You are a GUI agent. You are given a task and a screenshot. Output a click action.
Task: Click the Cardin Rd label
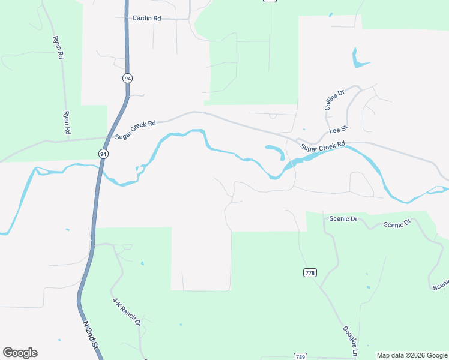[x=146, y=19]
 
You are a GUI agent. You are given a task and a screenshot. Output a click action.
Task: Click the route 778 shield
[x=310, y=273]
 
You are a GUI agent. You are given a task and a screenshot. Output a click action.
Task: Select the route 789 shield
[x=301, y=356]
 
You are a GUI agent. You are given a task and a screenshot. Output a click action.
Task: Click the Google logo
[x=20, y=353]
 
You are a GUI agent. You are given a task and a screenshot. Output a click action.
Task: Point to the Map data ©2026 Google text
[x=412, y=356]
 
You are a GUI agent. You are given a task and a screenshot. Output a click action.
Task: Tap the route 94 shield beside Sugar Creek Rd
[x=104, y=154]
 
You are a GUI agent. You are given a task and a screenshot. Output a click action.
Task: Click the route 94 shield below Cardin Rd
[x=127, y=79]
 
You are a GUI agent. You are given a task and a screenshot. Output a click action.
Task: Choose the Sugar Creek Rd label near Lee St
[x=323, y=146]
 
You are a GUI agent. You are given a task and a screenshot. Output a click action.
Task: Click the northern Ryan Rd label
[x=58, y=47]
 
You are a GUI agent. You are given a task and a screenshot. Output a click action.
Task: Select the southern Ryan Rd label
[x=67, y=122]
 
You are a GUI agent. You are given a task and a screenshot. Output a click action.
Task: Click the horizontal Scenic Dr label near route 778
[x=343, y=219]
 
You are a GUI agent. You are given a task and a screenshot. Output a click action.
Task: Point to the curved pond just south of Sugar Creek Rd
[x=276, y=150]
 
